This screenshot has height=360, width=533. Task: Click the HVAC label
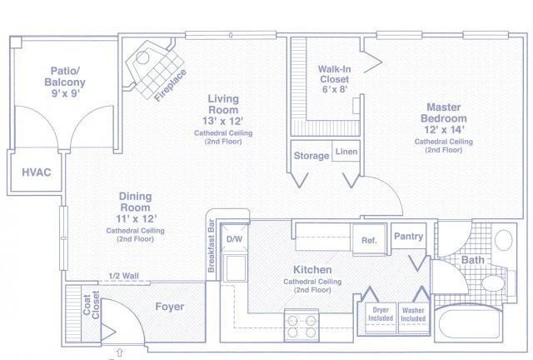coord(37,172)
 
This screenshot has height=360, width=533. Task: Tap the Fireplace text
coord(170,85)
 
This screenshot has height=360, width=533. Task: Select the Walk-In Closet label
coord(334,74)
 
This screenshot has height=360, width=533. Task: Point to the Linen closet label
coord(346,152)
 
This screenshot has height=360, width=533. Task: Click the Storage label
coord(311,156)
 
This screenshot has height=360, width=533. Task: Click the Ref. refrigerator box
coord(369,239)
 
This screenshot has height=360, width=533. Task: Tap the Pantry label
coord(408,236)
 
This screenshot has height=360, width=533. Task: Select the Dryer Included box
coord(381,318)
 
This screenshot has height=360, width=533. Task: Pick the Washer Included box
coord(413,318)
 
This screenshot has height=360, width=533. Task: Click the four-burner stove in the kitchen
coord(301,326)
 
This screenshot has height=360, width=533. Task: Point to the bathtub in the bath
coord(470,322)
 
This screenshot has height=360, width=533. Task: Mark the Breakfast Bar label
coord(211,245)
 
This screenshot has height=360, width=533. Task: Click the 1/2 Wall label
coord(124,276)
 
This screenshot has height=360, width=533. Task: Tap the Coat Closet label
coord(91,305)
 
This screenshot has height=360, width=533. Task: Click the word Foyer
coord(170,307)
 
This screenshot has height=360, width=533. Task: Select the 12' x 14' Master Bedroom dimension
coord(444,130)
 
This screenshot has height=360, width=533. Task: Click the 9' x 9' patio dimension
coord(65,93)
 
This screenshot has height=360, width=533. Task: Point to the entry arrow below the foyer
coord(119,352)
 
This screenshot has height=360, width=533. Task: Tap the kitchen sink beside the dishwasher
coord(236,268)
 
